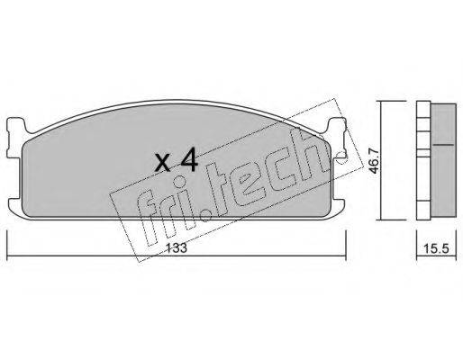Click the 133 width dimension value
tap(177, 247)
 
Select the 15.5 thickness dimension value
tap(436, 248)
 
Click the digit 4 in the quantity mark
tap(188, 161)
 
